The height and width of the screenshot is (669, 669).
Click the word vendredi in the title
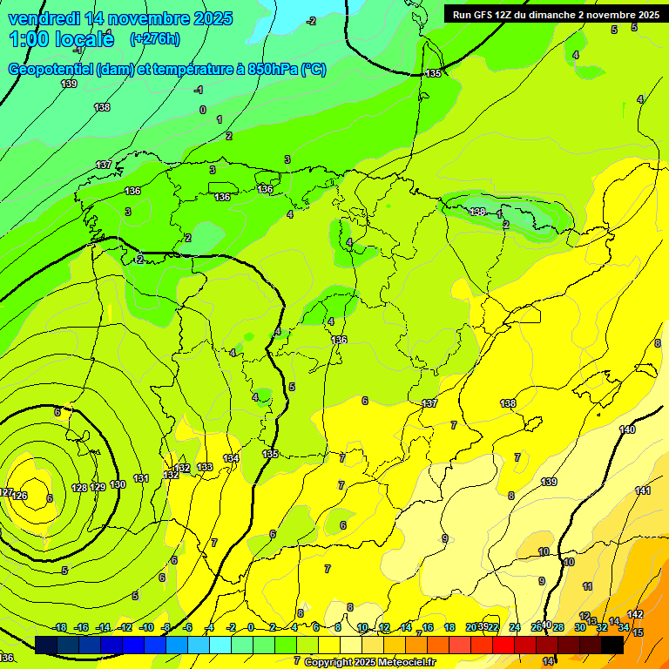[43, 18]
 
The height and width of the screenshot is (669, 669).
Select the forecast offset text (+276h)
[154, 38]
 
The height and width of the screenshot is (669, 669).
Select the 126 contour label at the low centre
[20, 497]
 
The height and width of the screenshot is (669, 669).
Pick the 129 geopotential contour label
[98, 487]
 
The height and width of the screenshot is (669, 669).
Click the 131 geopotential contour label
[142, 478]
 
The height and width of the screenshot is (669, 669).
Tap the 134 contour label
[231, 458]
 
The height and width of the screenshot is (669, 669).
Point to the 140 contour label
[627, 429]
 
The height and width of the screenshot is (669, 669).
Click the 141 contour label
[643, 491]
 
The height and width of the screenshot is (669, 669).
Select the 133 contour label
[205, 468]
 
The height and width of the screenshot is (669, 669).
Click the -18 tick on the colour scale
[60, 627]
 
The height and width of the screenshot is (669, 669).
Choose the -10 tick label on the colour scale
[146, 627]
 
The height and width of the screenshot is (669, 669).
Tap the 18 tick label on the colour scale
[449, 627]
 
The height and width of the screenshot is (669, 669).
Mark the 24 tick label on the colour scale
[515, 627]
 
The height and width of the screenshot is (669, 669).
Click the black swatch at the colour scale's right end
[612, 645]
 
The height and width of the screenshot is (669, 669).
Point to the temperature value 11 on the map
[588, 586]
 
